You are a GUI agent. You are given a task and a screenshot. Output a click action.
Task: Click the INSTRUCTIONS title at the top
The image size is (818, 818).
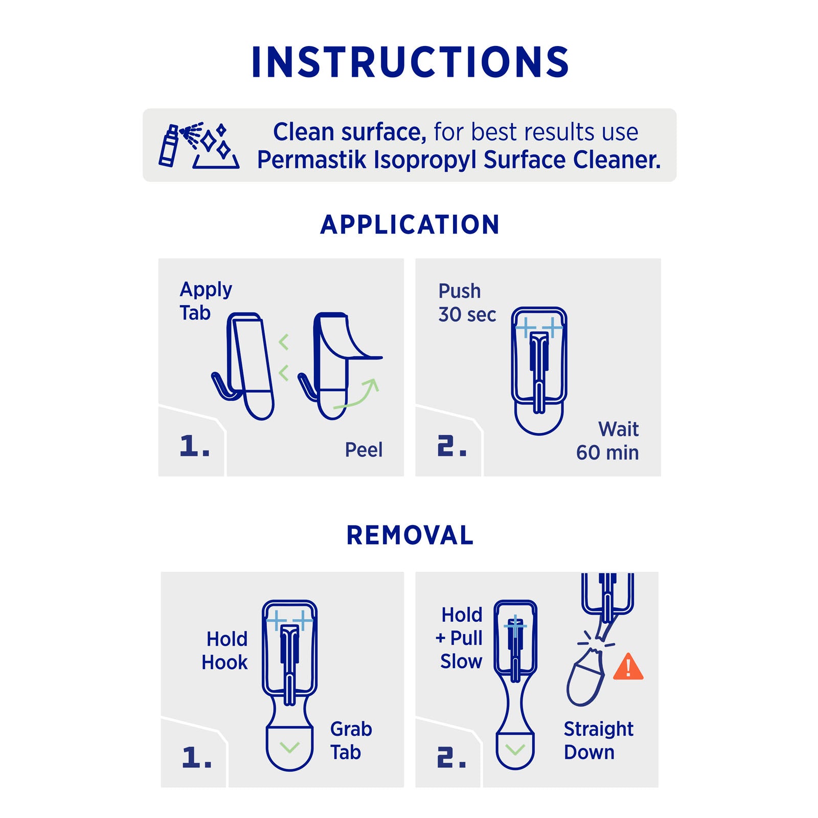(x=410, y=62)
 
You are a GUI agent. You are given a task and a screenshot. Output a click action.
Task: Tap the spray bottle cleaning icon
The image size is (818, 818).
(x=198, y=145)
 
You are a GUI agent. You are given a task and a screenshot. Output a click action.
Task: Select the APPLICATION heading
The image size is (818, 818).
(x=410, y=225)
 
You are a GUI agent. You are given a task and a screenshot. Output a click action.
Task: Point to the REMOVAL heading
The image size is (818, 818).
(x=410, y=535)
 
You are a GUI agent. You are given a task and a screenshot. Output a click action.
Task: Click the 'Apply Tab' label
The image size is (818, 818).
(x=206, y=301)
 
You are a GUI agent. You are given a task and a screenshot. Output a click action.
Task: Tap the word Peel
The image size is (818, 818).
(x=363, y=450)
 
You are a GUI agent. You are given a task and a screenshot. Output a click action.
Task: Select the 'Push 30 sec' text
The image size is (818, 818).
(x=467, y=303)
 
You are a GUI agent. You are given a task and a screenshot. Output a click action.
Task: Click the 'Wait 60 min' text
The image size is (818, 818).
(x=607, y=441)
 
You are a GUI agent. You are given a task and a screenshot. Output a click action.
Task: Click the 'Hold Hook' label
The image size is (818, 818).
(x=224, y=651)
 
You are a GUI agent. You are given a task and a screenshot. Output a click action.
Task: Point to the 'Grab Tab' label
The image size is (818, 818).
(x=351, y=741)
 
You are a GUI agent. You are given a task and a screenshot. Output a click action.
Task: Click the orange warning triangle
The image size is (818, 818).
(x=628, y=666)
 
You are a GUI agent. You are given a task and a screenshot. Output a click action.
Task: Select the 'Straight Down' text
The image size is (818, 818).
(x=598, y=741)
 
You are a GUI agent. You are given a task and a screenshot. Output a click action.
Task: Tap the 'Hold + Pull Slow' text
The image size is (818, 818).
(x=459, y=638)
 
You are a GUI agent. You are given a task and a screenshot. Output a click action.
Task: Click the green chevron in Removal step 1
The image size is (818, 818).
(x=290, y=747)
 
